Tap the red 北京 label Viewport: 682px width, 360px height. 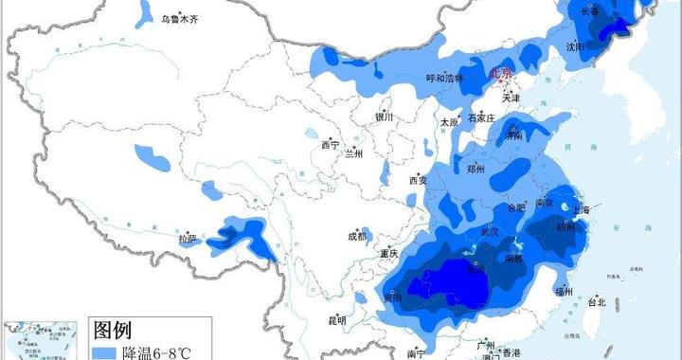(499, 73)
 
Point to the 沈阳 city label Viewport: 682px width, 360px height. (575, 45)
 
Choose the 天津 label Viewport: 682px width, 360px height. (511, 98)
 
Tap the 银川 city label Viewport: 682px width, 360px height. (384, 117)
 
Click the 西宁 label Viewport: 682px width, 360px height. (330, 145)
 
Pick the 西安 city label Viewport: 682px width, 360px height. (418, 180)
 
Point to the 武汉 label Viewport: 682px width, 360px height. (489, 231)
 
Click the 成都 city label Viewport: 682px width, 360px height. (356, 236)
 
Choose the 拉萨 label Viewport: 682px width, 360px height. (188, 239)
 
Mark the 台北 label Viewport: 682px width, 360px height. (596, 303)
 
